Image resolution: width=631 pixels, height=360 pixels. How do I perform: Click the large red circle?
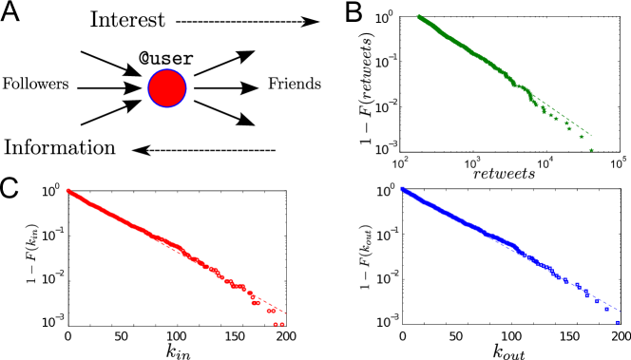(x=167, y=87)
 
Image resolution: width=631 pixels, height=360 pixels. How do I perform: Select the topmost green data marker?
(x=419, y=16)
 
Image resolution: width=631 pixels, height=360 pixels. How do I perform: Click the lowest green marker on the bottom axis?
(x=591, y=149)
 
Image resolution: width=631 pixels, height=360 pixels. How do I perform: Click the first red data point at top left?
(x=68, y=191)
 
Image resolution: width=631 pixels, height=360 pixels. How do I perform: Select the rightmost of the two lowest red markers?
(x=281, y=324)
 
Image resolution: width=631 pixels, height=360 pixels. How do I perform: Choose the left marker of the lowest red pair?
(x=276, y=324)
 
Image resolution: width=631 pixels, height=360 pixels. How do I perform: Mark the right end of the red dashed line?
(x=285, y=313)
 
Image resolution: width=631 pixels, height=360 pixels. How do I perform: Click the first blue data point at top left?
(x=402, y=189)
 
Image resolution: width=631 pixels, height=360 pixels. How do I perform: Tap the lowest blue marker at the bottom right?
(x=617, y=322)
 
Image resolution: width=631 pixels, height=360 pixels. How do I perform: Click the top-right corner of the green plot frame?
(x=619, y=16)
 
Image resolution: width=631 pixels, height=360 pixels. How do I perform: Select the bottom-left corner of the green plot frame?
(x=400, y=151)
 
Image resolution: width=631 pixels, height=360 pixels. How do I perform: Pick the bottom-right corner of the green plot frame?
(x=619, y=151)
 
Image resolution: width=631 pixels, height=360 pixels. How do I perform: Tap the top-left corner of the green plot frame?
(x=400, y=16)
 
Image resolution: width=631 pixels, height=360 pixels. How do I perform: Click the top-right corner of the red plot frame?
(x=286, y=191)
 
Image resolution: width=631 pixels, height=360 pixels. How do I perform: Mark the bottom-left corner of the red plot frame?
(x=67, y=326)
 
